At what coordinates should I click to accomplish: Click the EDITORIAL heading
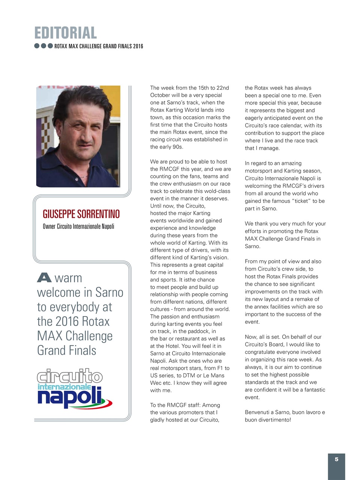(x=66, y=33)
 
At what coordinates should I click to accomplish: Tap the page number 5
(x=336, y=459)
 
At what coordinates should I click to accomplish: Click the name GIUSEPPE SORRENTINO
(x=81, y=214)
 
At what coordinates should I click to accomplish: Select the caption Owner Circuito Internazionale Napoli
(x=78, y=226)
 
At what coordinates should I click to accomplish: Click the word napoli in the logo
(x=70, y=398)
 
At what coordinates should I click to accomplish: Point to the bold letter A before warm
(x=44, y=278)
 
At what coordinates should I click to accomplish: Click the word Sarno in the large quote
(x=109, y=292)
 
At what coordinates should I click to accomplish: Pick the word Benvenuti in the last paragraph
(x=259, y=412)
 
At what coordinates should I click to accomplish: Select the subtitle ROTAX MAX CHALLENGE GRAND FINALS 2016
(x=99, y=46)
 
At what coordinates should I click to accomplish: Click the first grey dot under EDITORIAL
(x=37, y=46)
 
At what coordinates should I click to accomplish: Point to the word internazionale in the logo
(x=64, y=387)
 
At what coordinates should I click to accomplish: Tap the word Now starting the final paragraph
(x=251, y=337)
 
